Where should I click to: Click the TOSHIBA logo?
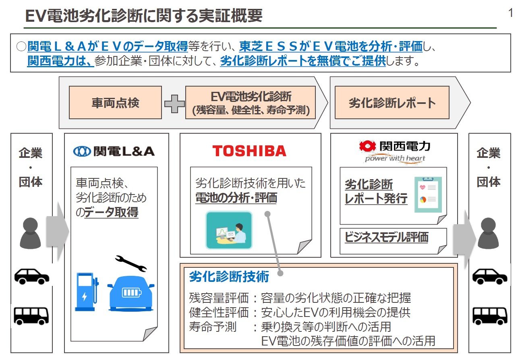click(x=249, y=151)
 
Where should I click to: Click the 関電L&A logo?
click(x=114, y=151)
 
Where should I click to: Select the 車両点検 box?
click(x=115, y=103)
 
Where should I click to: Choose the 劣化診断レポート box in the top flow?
click(x=392, y=103)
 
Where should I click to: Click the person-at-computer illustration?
click(x=229, y=230)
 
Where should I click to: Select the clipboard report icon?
click(x=428, y=194)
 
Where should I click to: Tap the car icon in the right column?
click(x=489, y=276)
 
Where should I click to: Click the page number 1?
click(x=511, y=13)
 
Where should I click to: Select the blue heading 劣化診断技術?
click(x=229, y=277)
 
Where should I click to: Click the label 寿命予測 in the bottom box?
click(x=213, y=327)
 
